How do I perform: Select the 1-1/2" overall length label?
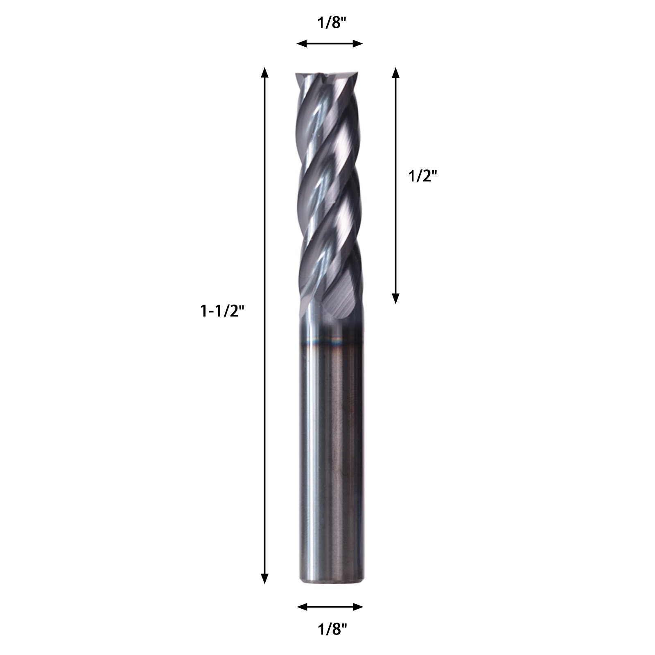click(x=222, y=312)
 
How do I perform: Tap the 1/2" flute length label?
click(x=423, y=176)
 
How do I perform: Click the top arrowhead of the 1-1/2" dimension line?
click(x=265, y=72)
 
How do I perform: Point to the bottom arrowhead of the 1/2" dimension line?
click(x=395, y=298)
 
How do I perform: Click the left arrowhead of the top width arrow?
click(x=302, y=43)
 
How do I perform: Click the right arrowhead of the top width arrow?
click(x=358, y=43)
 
